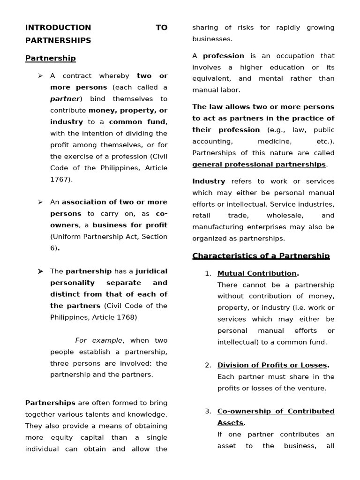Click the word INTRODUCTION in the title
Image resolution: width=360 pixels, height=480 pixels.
58,28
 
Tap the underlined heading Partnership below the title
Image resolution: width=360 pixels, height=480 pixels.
50,58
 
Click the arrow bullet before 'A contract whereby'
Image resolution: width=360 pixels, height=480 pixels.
40,76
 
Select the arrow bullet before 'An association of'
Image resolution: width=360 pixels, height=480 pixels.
40,202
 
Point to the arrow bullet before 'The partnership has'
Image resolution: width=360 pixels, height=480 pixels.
40,271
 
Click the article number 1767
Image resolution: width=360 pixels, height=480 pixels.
60,180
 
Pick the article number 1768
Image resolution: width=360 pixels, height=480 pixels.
127,317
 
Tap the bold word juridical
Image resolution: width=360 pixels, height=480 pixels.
151,271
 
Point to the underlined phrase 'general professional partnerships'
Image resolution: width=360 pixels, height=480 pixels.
259,165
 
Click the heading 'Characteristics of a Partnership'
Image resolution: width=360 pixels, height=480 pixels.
261,256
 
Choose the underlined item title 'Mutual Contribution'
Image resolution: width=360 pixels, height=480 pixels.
257,273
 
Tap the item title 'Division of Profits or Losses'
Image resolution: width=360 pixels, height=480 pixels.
272,365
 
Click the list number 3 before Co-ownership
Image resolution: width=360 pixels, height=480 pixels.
208,411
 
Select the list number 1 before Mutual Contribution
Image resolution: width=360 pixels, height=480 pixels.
208,273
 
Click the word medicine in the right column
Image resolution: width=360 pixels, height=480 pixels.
273,141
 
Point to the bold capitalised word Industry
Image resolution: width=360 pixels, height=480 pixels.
209,181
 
